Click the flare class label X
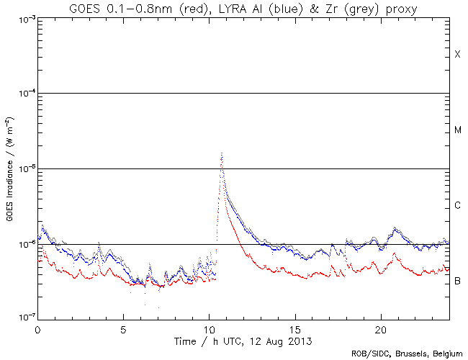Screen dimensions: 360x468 point(457,55)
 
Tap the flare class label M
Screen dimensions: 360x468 point(458,130)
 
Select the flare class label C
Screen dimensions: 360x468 point(457,206)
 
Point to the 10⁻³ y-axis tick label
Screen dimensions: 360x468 point(27,19)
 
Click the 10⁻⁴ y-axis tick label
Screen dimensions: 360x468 point(27,94)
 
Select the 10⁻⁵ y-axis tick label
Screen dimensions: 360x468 point(27,169)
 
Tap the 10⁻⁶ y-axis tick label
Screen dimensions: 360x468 point(27,245)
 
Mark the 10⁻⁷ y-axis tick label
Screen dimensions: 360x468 point(27,318)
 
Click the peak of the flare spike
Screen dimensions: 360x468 point(222,153)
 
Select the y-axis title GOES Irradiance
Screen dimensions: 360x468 point(10,168)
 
